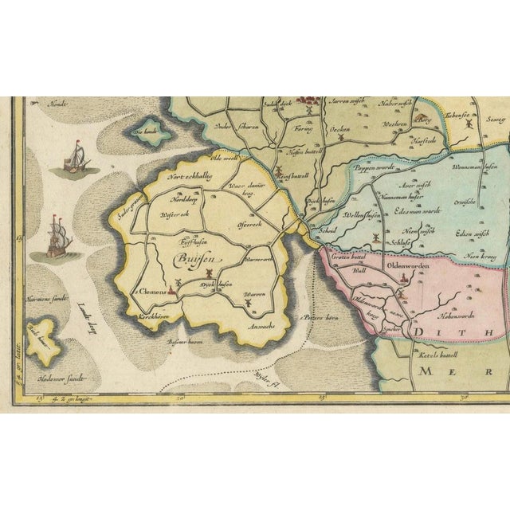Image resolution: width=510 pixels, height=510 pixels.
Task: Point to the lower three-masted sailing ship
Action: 56,236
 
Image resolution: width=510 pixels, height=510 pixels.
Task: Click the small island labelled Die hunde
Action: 143,132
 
